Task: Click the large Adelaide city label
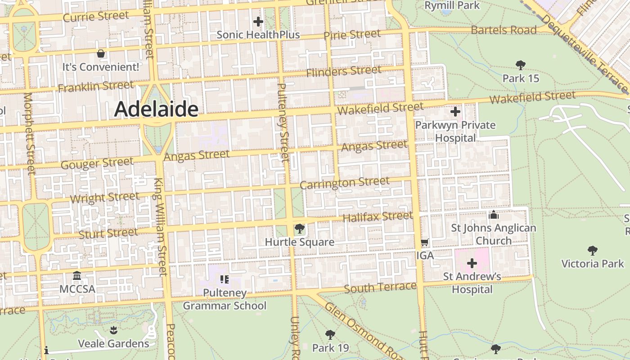pyautogui.click(x=156, y=109)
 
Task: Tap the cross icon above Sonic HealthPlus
pyautogui.click(x=258, y=22)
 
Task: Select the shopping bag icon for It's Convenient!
pyautogui.click(x=101, y=54)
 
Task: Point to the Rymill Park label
pyautogui.click(x=452, y=6)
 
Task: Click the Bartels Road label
pyautogui.click(x=504, y=30)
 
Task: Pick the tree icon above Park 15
pyautogui.click(x=521, y=65)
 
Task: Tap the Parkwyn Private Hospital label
pyautogui.click(x=455, y=131)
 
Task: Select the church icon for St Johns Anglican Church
pyautogui.click(x=494, y=215)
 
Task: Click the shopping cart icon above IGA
pyautogui.click(x=424, y=243)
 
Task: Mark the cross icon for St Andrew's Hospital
pyautogui.click(x=472, y=263)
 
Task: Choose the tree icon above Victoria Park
pyautogui.click(x=593, y=251)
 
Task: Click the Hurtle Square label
pyautogui.click(x=299, y=242)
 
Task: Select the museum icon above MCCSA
pyautogui.click(x=77, y=275)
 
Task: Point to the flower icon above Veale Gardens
pyautogui.click(x=113, y=330)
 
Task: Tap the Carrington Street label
pyautogui.click(x=344, y=183)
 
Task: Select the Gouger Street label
pyautogui.click(x=97, y=163)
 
